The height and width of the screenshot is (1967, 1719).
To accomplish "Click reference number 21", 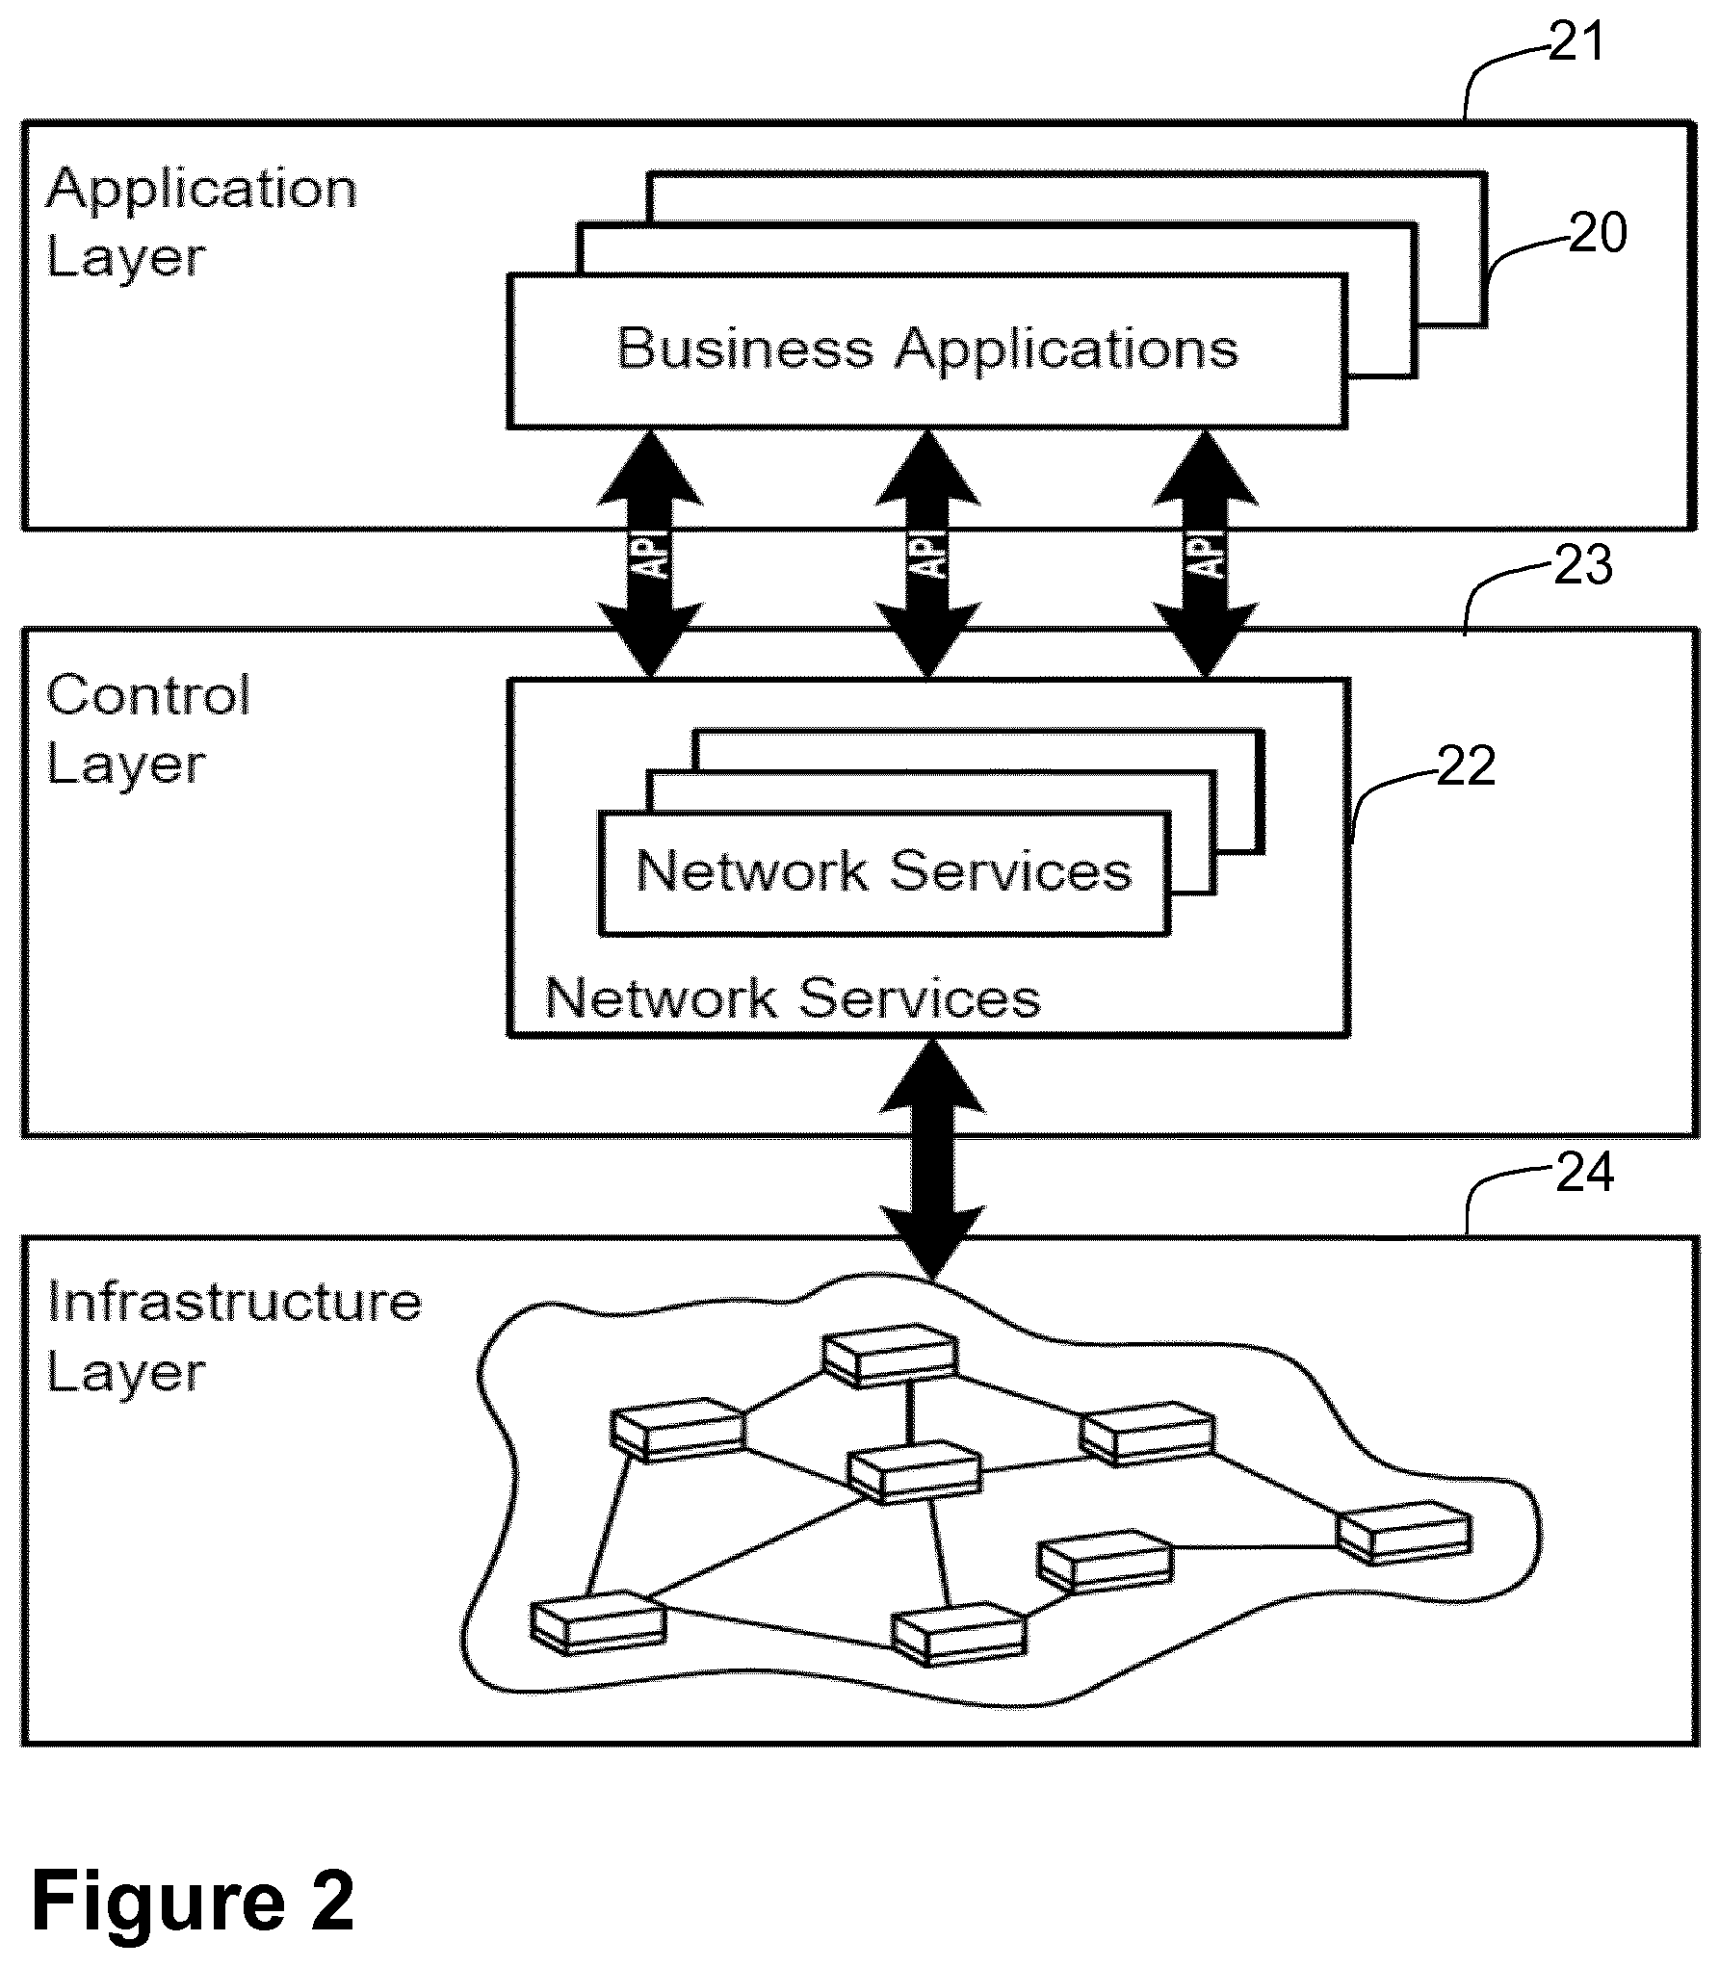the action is (1576, 42).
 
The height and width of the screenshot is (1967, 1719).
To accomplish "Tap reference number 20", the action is (1598, 233).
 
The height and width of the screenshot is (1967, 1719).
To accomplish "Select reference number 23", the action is (1583, 565).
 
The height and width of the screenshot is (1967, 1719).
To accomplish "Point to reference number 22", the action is (1466, 766).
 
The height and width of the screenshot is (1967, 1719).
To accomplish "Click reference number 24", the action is (1585, 1173).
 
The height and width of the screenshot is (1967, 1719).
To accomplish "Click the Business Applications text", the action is (926, 349).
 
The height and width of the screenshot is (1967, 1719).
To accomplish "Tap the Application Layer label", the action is (201, 223).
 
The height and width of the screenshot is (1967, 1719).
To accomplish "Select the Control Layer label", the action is (148, 730).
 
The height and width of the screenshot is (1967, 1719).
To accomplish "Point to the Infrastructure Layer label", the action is (234, 1336).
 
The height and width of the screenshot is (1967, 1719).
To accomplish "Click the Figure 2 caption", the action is (193, 1901).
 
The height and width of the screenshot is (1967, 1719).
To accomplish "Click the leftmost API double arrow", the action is (650, 554).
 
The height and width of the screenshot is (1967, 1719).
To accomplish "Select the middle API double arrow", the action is (927, 554).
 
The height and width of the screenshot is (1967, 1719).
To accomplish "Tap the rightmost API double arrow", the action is (1206, 554).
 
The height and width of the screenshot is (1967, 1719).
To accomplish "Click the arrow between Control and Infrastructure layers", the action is (933, 1159).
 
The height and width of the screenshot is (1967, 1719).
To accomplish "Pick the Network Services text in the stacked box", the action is (883, 871).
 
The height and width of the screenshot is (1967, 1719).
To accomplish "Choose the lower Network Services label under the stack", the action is (793, 997).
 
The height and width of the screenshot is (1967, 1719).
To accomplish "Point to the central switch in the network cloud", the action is (915, 1472).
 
